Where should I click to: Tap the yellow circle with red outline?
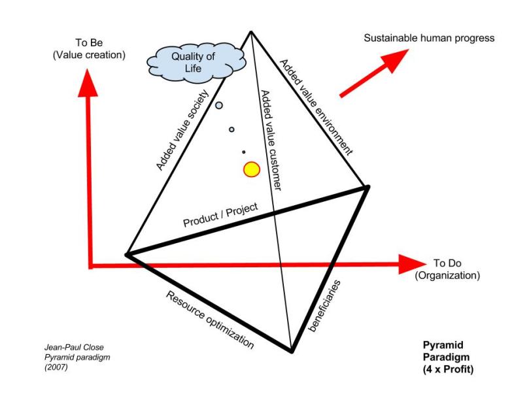click(252, 170)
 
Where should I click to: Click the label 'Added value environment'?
click(316, 107)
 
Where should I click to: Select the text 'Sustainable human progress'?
click(429, 38)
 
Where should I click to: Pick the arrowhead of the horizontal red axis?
click(412, 265)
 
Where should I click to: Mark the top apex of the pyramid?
click(250, 31)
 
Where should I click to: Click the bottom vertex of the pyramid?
click(290, 352)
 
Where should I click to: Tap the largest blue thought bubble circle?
click(219, 105)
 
